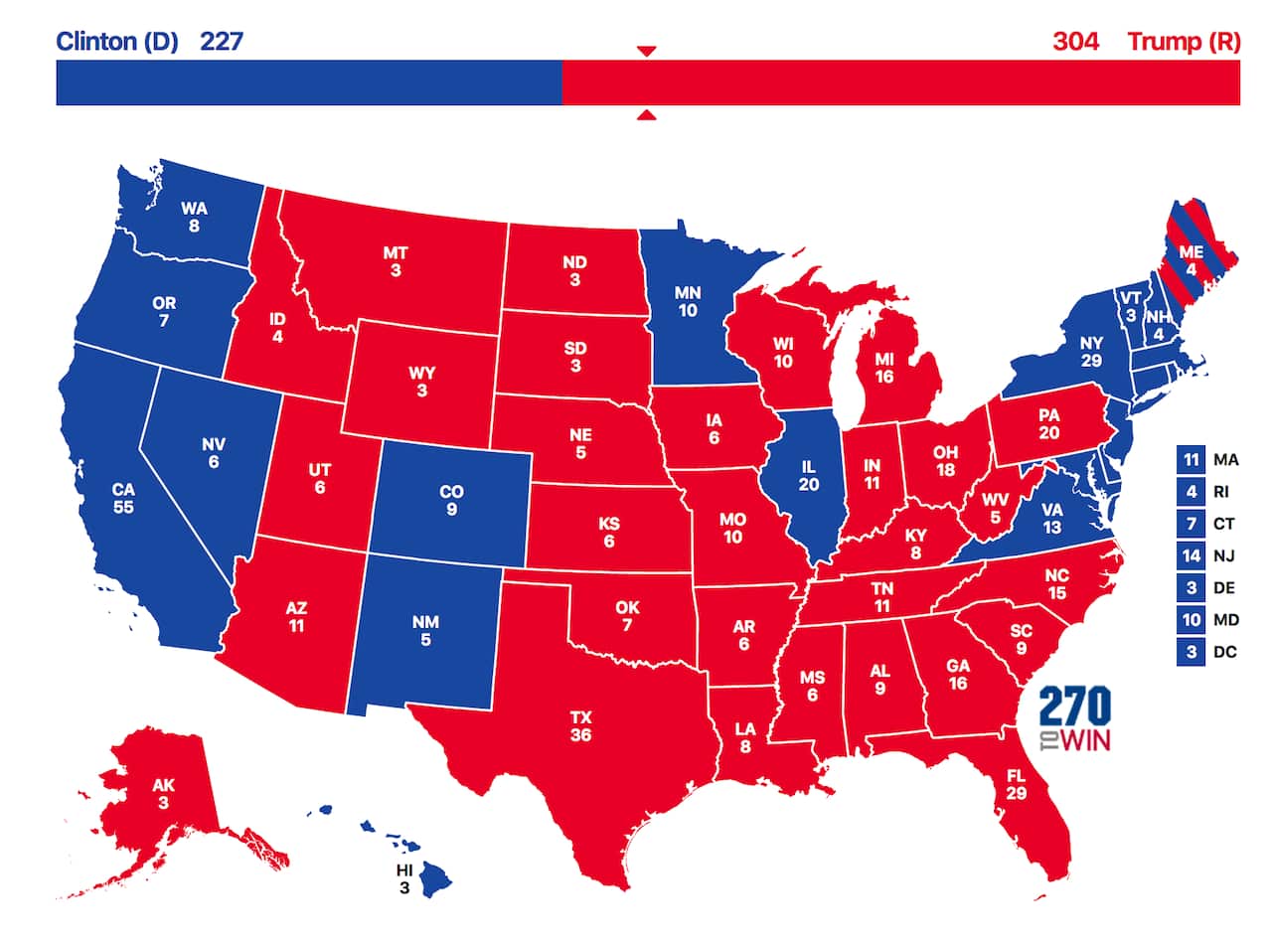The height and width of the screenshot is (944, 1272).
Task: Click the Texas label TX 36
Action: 581,725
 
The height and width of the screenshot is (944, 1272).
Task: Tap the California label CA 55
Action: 123,497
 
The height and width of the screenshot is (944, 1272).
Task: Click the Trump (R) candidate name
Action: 1183,42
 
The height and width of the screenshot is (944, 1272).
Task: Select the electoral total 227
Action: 222,42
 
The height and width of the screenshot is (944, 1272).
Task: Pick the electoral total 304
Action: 1075,42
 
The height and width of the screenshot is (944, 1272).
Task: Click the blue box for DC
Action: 1191,652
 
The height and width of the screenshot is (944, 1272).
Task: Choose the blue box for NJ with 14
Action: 1191,555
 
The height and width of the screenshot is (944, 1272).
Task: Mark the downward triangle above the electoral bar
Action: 646,51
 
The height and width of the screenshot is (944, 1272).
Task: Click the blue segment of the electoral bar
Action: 308,82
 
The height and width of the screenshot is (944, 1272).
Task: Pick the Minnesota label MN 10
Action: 688,302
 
